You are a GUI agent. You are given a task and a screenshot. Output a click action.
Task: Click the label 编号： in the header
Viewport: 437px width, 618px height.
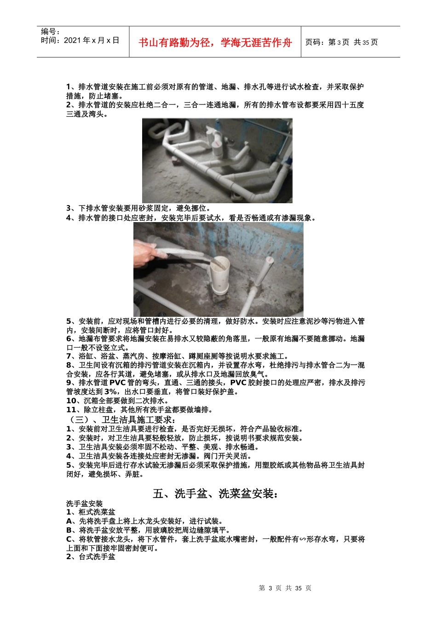[51, 32]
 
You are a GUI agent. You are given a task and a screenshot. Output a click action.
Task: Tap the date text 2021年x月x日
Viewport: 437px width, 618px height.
[91, 40]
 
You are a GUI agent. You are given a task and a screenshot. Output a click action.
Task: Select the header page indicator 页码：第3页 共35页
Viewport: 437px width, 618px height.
[341, 42]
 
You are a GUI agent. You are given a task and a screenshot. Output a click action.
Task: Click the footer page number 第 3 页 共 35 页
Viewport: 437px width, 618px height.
[285, 588]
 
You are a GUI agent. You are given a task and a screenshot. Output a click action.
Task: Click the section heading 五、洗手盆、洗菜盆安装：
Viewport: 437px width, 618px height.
[216, 494]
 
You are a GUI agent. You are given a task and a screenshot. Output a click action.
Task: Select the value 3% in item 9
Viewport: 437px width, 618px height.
[111, 392]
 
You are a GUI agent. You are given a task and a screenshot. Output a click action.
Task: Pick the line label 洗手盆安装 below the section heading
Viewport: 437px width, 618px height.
[85, 504]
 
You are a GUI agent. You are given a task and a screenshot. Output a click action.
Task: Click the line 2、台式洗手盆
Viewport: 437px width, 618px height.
[91, 557]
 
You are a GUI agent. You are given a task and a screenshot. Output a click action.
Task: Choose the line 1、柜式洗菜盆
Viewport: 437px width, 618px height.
[91, 512]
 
